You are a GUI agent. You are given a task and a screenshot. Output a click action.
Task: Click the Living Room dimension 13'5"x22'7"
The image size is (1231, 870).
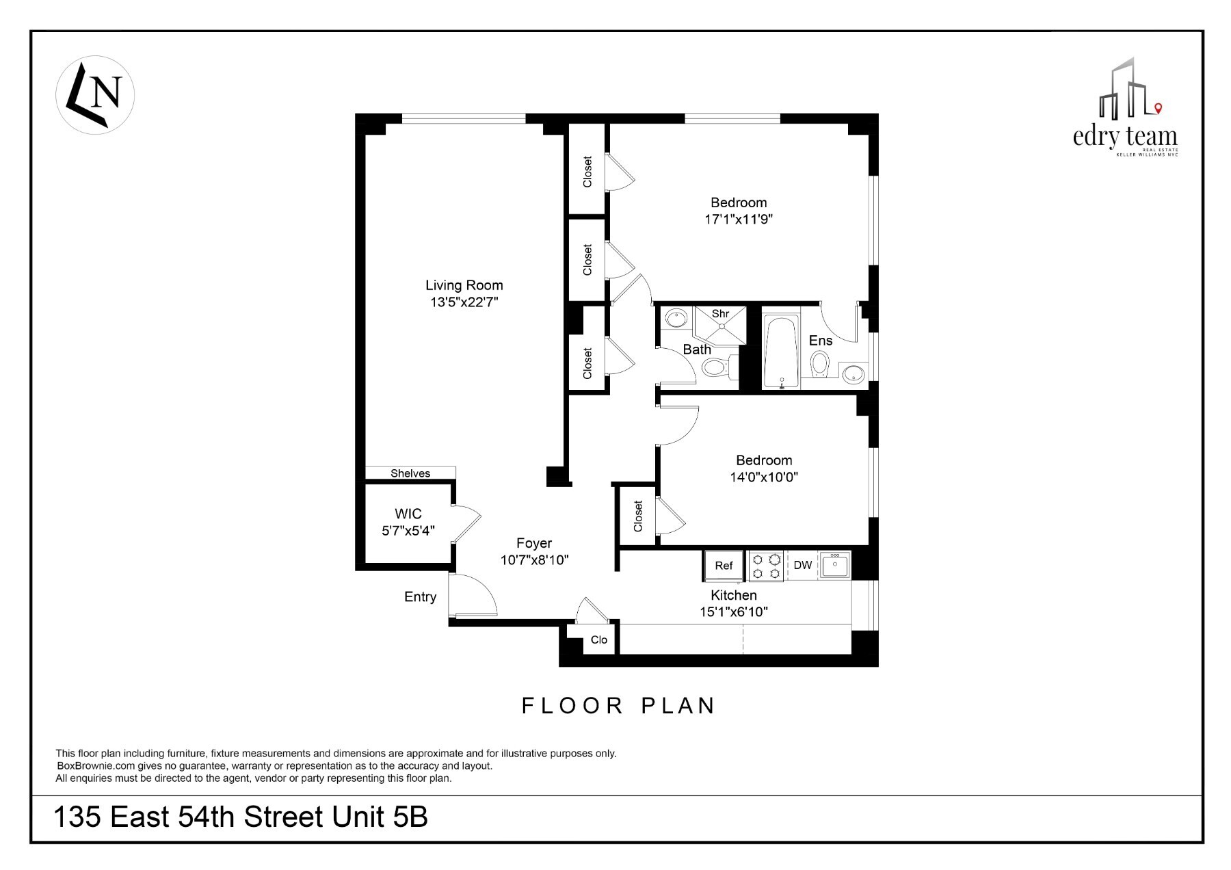click(464, 302)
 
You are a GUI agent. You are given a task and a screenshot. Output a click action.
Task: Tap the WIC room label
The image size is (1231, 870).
click(408, 514)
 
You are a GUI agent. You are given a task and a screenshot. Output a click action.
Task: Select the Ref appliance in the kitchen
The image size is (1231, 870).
click(724, 565)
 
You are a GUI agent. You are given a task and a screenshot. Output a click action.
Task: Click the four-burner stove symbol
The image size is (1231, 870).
click(766, 566)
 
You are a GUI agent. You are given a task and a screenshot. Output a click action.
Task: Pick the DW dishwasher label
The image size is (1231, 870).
click(803, 565)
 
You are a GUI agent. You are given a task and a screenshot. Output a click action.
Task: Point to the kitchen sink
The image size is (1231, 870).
click(835, 565)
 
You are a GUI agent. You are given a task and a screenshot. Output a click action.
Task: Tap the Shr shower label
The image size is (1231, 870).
click(720, 314)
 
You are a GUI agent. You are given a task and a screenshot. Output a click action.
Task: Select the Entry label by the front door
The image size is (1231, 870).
click(420, 597)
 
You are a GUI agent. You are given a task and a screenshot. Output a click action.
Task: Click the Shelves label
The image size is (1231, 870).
click(410, 473)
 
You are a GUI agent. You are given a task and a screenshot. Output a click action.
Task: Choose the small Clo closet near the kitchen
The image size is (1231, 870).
click(599, 640)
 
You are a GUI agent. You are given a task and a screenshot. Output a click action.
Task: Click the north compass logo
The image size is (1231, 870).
click(94, 94)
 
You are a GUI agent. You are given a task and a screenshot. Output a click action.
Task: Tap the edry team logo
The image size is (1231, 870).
click(1125, 109)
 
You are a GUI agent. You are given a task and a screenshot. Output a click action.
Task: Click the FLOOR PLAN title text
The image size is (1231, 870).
click(618, 706)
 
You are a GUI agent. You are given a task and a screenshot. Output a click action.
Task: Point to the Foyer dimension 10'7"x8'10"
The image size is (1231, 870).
click(535, 560)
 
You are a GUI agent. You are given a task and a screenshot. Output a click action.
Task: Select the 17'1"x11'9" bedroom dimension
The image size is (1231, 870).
click(739, 220)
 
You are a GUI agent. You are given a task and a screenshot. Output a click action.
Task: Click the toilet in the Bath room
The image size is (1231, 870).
click(715, 368)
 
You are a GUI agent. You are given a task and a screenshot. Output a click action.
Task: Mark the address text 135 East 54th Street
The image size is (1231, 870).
click(241, 817)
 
